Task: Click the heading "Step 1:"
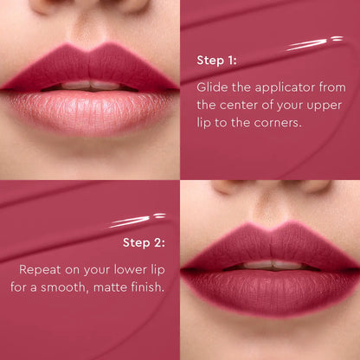click(217, 61)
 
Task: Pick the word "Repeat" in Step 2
click(42, 267)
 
